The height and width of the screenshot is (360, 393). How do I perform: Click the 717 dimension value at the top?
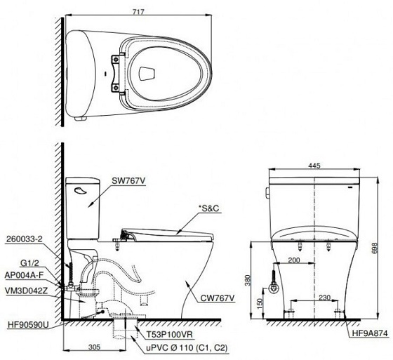[138, 12]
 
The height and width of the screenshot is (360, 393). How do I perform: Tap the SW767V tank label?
[128, 181]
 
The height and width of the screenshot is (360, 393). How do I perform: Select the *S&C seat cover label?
[208, 208]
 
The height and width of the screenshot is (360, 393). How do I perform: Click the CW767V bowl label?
[217, 298]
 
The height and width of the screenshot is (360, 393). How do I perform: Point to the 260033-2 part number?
[24, 239]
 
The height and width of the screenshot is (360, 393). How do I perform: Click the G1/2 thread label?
[29, 263]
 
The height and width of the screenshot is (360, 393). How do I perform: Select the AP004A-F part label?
[24, 275]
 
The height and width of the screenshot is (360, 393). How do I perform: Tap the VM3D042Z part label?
[26, 291]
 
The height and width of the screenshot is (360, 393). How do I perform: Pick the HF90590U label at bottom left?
[28, 325]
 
